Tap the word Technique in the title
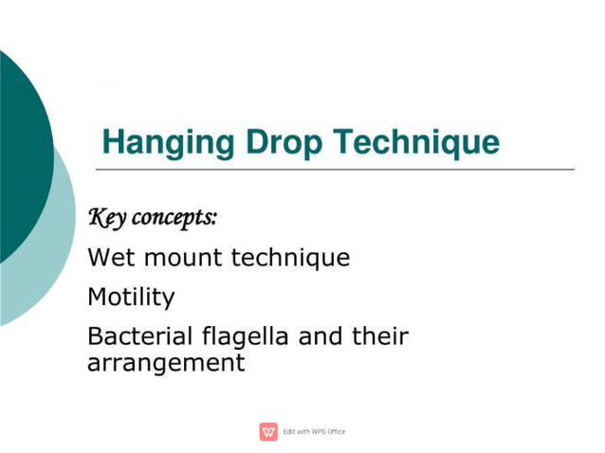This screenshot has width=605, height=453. coord(418,143)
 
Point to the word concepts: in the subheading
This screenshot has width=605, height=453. coord(174,218)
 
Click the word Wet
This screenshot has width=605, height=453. coord(106,258)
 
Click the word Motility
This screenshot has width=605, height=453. coord(131,298)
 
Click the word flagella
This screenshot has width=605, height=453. coord(233,336)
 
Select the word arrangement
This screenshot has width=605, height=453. coord(166,363)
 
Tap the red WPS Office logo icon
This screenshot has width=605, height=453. coord(268,432)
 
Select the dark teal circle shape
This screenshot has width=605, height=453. coord(19,152)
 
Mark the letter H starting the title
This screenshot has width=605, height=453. coord(114,143)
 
